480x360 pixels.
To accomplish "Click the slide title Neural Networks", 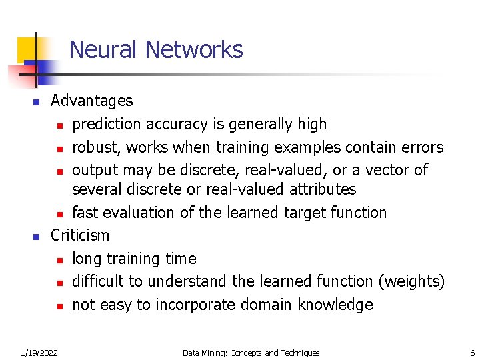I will pyautogui.click(x=156, y=50).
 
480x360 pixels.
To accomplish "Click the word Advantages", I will pyautogui.click(x=92, y=101).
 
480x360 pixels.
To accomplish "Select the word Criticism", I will pyautogui.click(x=80, y=235).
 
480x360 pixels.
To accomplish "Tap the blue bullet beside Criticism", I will pyautogui.click(x=37, y=237).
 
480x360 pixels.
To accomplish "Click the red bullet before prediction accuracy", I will pyautogui.click(x=60, y=125).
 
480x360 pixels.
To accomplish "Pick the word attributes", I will pyautogui.click(x=323, y=190).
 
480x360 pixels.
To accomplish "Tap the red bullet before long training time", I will pyautogui.click(x=60, y=260).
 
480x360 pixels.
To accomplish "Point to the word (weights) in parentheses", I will pyautogui.click(x=411, y=282).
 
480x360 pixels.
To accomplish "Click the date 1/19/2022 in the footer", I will pyautogui.click(x=39, y=353).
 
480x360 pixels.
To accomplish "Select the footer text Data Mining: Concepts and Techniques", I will pyautogui.click(x=251, y=353).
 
